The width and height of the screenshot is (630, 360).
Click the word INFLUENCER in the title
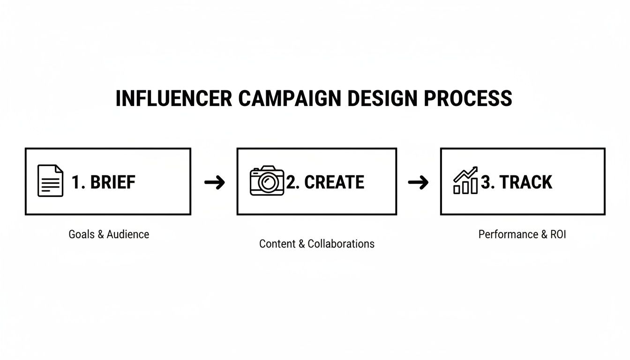(x=173, y=99)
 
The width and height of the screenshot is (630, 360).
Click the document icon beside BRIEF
(x=50, y=181)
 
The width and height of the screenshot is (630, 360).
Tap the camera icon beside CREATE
(x=267, y=181)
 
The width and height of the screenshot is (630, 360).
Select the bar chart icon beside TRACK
(x=465, y=181)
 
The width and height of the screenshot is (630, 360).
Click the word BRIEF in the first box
(x=112, y=182)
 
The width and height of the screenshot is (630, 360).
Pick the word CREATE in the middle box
(x=334, y=182)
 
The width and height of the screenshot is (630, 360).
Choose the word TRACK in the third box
(x=526, y=182)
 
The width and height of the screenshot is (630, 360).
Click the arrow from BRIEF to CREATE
(x=215, y=182)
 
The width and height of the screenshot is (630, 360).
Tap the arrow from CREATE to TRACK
(x=418, y=182)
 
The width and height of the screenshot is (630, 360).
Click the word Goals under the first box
(x=82, y=234)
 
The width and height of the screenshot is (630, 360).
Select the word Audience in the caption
(x=128, y=234)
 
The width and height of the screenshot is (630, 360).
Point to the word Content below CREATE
(x=277, y=244)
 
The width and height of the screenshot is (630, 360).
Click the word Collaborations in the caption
(x=341, y=244)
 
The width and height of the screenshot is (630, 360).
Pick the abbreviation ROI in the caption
(x=558, y=234)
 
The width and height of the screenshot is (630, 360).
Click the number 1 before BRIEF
(x=75, y=182)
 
